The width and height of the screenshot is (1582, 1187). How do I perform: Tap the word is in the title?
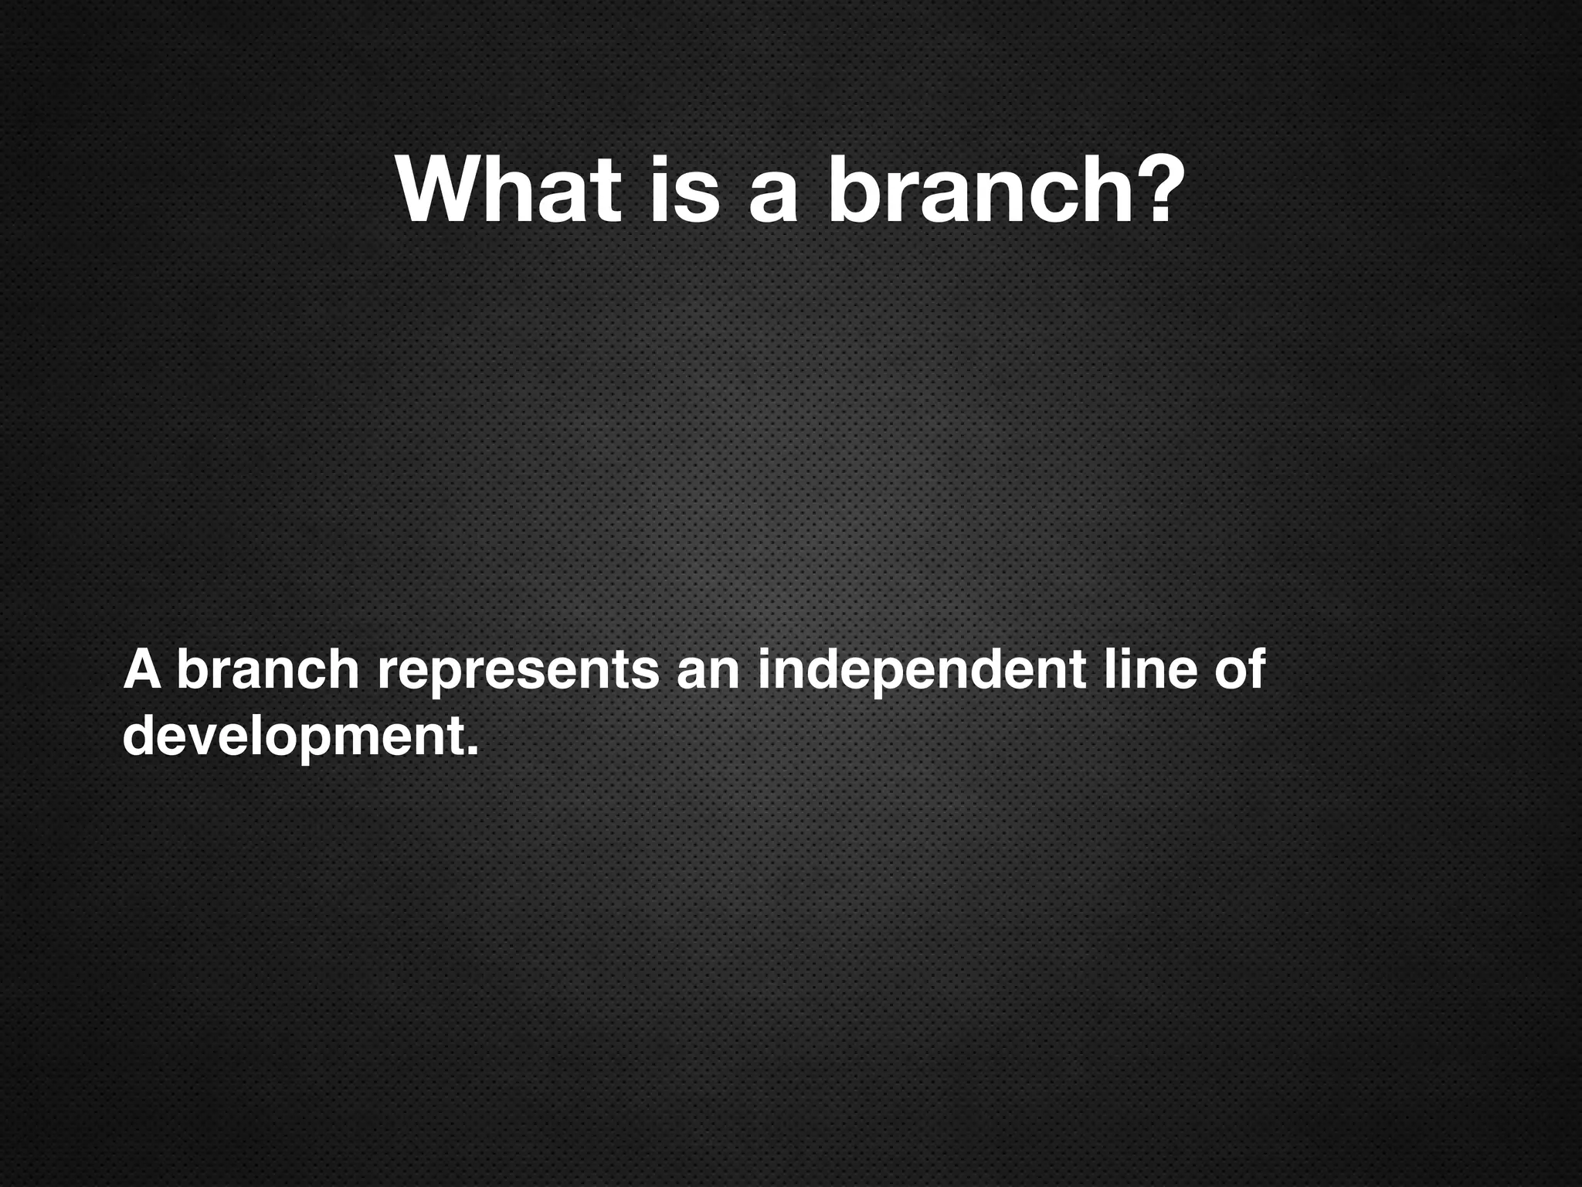684,191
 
